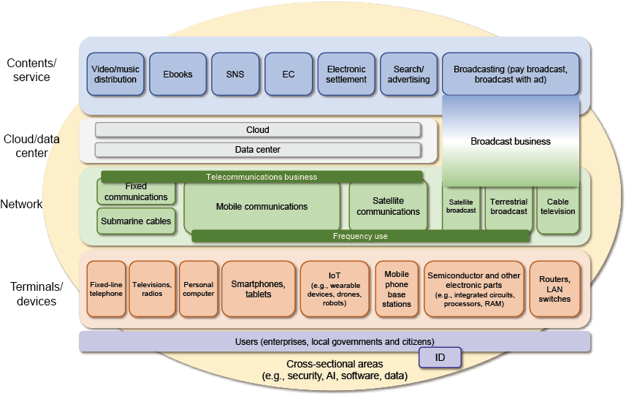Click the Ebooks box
[x=178, y=75]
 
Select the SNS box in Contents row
[x=235, y=75]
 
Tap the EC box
[x=289, y=75]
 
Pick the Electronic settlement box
[x=346, y=75]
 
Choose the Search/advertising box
[x=408, y=75]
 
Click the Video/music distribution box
[x=115, y=75]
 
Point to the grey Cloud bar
[x=258, y=130]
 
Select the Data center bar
[x=258, y=150]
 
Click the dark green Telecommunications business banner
[x=262, y=177]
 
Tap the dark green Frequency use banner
[x=361, y=236]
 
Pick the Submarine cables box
[x=136, y=221]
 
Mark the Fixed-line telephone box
[x=106, y=289]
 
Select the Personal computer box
[x=199, y=289]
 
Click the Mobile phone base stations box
[x=397, y=289]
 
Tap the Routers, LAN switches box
[x=554, y=289]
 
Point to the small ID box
[x=440, y=357]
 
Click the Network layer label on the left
[x=21, y=204]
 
